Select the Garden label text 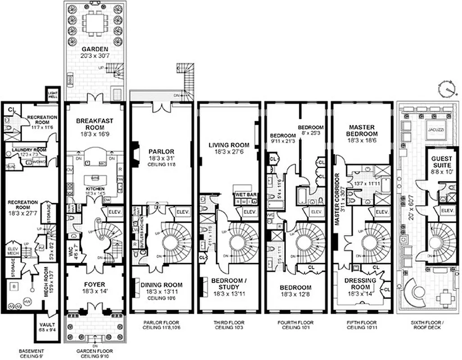coord(93,49)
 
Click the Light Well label coord(53,93)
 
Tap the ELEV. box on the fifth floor coord(381,212)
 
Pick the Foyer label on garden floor coord(94,284)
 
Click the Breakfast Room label coord(94,124)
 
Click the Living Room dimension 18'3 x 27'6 coord(229,153)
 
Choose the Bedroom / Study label coord(229,284)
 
